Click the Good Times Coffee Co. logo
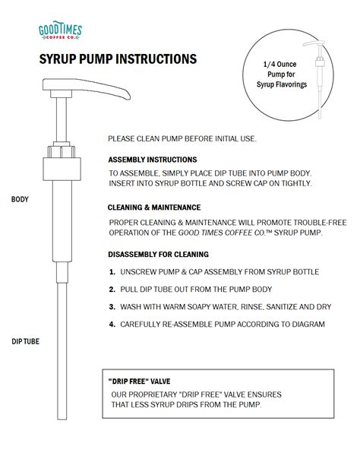60,30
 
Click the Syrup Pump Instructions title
118,59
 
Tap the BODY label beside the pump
20,199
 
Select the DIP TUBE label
25,341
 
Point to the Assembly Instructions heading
153,160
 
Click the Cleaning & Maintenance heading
154,208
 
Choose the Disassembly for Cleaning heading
158,255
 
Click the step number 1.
112,272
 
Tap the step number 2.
112,290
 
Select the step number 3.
112,307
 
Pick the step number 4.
112,325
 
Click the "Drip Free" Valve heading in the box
140,381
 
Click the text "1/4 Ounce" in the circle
280,65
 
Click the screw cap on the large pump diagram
62,169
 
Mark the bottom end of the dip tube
62,419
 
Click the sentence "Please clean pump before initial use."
182,138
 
